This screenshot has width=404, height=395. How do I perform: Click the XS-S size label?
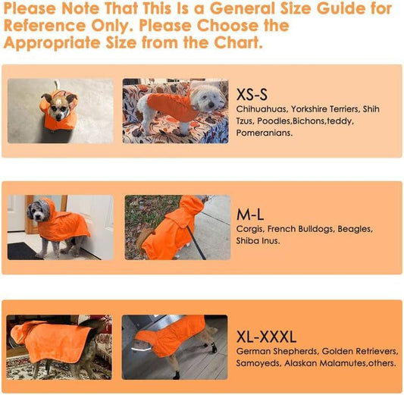coord(252,95)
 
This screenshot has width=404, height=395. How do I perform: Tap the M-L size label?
coord(250,215)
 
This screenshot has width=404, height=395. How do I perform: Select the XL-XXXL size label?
coord(266,337)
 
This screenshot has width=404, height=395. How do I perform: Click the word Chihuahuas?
coord(262,109)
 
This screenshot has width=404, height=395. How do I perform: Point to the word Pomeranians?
coord(265,133)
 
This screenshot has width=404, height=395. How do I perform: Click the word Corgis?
coord(250,229)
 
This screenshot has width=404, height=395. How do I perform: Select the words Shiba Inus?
coord(258,240)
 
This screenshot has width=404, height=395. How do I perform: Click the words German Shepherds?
coord(277,352)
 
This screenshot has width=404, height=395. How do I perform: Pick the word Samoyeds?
coord(258,363)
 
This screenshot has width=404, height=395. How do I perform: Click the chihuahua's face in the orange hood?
coord(60,108)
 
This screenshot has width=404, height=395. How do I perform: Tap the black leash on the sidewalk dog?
coord(196,242)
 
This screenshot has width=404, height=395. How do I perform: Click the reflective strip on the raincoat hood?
coord(141,350)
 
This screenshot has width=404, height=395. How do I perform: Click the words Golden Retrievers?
coord(360,351)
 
